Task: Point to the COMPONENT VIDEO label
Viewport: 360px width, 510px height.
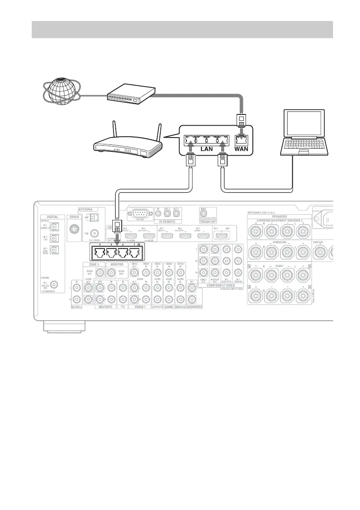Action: point(221,285)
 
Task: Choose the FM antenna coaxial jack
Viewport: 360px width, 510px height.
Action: point(95,234)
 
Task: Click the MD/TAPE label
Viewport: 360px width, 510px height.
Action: point(106,307)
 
